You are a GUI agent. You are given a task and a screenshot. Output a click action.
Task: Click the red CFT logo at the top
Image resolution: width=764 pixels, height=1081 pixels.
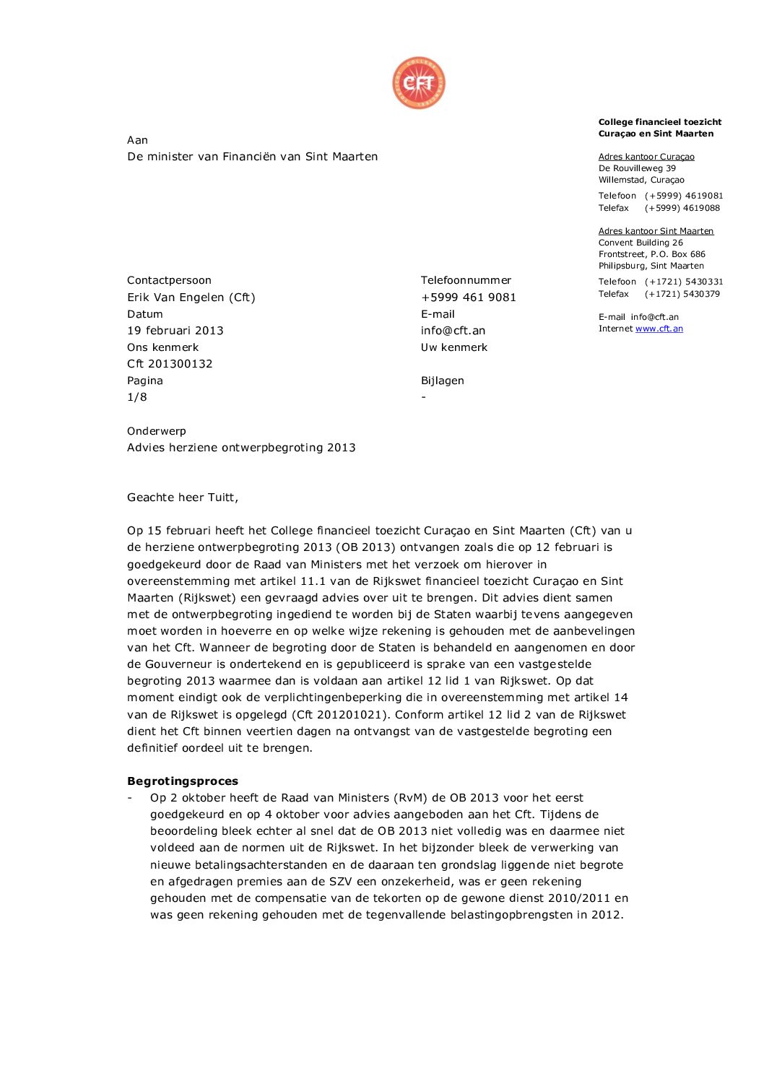tap(419, 83)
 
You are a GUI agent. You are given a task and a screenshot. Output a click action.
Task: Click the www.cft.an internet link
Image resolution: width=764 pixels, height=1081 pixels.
tap(659, 329)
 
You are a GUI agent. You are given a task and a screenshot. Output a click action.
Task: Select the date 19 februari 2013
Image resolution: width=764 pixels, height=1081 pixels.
tap(175, 331)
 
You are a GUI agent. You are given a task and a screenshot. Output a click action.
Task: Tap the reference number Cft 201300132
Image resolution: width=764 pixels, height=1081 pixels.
tap(170, 364)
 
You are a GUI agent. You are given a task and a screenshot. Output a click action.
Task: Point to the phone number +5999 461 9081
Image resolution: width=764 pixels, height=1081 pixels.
tap(468, 298)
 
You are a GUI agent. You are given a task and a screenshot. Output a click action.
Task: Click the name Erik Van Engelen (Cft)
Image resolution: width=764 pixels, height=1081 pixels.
tap(191, 298)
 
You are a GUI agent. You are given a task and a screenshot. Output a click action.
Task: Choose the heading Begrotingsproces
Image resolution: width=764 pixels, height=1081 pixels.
tap(183, 781)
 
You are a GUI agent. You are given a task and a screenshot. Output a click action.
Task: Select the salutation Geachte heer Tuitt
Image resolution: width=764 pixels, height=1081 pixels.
tap(183, 498)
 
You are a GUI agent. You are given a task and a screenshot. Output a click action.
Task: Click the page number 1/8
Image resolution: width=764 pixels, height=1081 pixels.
tap(137, 397)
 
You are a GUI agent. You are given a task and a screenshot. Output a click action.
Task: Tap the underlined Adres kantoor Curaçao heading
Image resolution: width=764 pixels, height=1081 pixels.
tap(646, 157)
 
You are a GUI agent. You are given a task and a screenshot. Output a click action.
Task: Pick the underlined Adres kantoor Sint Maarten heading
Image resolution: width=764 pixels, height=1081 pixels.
tap(656, 231)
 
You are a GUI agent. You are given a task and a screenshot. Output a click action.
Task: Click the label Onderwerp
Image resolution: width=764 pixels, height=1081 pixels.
tap(157, 431)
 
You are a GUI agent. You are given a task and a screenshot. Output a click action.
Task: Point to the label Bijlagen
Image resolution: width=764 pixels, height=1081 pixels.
tap(443, 381)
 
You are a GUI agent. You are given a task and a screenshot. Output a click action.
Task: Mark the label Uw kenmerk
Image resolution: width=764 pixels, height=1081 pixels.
tap(454, 347)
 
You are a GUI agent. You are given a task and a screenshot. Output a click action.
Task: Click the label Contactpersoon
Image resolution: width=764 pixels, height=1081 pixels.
tap(169, 280)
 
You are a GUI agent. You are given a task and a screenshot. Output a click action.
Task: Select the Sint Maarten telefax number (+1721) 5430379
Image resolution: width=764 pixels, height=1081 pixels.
tap(682, 294)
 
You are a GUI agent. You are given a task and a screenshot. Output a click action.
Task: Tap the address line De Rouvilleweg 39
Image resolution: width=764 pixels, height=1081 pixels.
tap(637, 168)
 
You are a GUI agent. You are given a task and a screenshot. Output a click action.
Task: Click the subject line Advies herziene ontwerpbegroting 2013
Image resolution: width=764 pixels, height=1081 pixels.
tap(241, 448)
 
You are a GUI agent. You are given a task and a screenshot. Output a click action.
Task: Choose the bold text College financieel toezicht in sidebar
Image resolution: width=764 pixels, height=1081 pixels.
tap(660, 122)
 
